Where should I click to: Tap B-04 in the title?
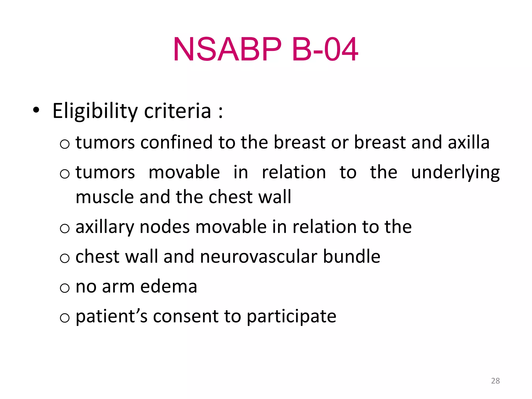(325, 49)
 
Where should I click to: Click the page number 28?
(495, 381)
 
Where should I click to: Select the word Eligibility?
(95, 111)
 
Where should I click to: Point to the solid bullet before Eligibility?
(36, 110)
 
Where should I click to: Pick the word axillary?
(105, 227)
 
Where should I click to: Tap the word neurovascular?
(258, 257)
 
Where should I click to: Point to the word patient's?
(111, 317)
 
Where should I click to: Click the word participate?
(291, 317)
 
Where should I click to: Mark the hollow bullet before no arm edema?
(65, 288)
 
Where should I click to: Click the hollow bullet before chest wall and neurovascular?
(65, 258)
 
